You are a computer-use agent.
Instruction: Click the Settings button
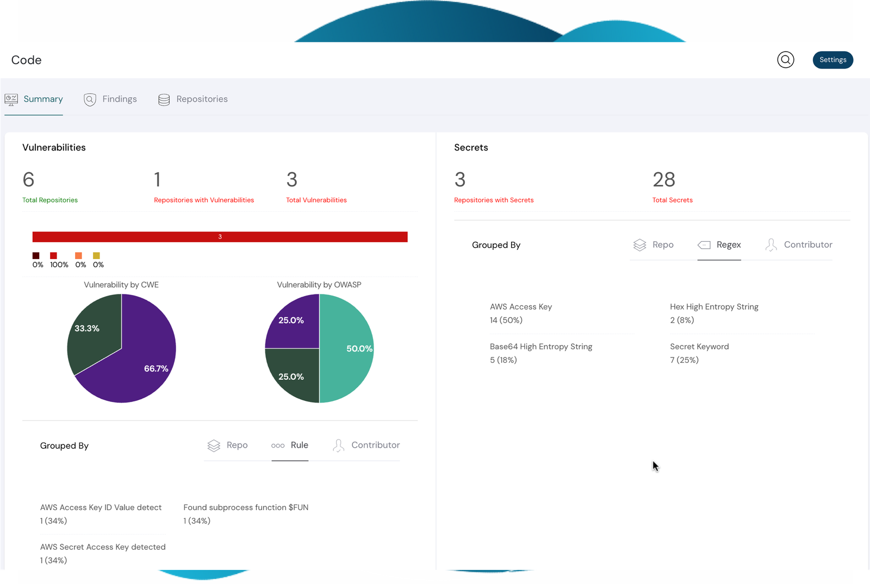click(x=832, y=60)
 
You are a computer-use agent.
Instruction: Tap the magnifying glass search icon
click(x=785, y=60)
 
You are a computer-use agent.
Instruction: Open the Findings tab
click(x=110, y=99)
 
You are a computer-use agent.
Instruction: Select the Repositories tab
click(x=193, y=99)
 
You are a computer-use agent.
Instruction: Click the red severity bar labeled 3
click(x=220, y=237)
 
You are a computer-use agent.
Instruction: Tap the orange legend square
click(x=78, y=256)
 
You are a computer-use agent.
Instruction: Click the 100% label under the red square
click(x=59, y=265)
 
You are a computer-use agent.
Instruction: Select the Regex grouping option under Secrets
click(x=719, y=245)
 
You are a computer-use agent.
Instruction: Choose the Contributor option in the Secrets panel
click(x=799, y=245)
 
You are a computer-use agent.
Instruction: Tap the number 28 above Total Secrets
click(x=664, y=180)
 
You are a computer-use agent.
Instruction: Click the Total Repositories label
click(x=50, y=200)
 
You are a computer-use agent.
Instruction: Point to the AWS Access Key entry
click(x=521, y=307)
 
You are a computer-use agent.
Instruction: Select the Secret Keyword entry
click(x=699, y=347)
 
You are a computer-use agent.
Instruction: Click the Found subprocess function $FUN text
click(x=246, y=507)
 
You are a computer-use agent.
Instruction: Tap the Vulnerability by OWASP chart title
click(x=319, y=285)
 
